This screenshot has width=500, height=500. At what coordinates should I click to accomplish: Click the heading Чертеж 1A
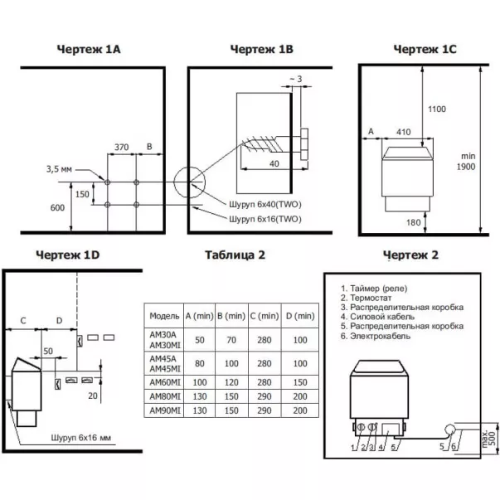89,50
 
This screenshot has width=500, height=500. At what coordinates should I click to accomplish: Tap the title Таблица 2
235,255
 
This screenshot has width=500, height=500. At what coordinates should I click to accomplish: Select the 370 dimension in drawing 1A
122,147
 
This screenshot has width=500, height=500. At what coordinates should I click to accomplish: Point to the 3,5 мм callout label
60,169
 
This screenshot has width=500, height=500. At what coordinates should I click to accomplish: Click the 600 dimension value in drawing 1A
57,207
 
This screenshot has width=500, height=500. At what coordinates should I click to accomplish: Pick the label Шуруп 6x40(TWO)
265,204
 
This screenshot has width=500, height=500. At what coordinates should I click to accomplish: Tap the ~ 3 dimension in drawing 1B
295,79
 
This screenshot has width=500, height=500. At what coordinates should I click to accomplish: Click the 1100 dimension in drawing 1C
437,109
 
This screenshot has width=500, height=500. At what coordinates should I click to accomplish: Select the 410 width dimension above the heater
403,132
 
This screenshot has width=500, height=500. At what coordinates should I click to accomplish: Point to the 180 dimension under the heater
413,222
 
